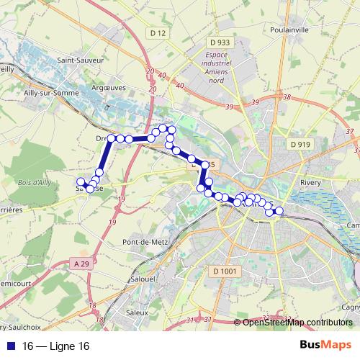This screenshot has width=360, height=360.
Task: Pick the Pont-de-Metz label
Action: (145, 242)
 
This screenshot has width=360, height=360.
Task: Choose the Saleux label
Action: (136, 312)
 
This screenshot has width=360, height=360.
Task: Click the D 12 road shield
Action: (159, 33)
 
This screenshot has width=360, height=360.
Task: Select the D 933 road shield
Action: (220, 42)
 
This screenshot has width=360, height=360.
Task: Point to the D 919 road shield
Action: (300, 145)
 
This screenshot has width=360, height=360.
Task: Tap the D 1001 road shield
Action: (225, 271)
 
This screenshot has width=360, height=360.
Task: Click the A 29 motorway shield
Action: (83, 265)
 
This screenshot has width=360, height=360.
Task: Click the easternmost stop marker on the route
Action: (279, 211)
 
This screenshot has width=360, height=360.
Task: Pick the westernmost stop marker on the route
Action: (80, 181)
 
